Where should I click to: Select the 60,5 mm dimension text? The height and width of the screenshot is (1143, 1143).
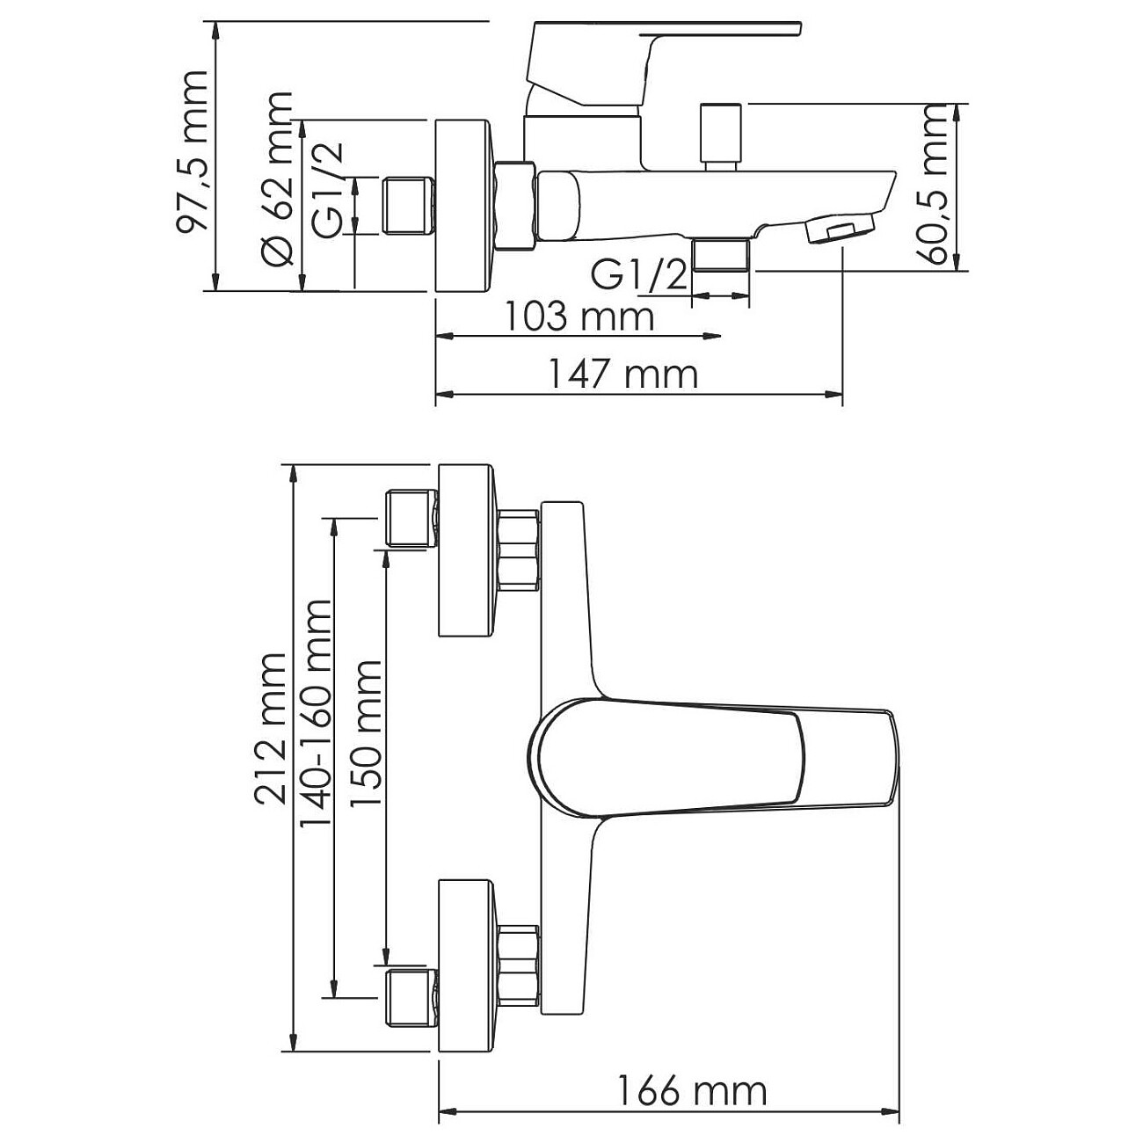936,184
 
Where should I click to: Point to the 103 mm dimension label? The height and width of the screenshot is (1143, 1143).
579,316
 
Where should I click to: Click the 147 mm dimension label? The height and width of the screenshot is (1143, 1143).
623,375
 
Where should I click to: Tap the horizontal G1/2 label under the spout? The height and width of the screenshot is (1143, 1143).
638,276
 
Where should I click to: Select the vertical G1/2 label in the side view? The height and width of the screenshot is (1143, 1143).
328,192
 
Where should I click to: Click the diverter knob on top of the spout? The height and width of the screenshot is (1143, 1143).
721,135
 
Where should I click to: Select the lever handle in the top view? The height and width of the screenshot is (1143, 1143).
712,754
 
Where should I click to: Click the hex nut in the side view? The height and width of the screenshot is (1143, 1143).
515,205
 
